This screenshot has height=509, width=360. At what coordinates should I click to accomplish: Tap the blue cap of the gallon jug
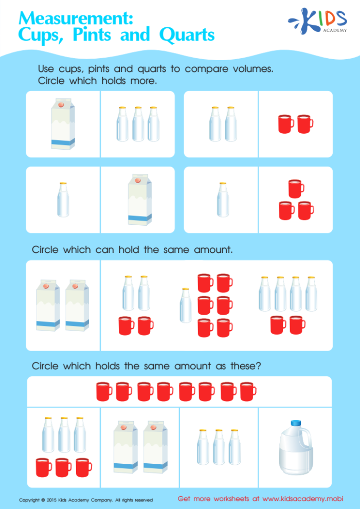[295, 424]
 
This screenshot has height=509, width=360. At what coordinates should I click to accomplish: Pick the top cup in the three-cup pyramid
[296, 188]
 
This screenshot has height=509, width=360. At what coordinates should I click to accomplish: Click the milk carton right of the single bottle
[139, 199]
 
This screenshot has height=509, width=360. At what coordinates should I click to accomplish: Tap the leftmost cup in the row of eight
[104, 392]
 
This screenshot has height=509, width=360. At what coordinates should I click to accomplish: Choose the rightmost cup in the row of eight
[248, 392]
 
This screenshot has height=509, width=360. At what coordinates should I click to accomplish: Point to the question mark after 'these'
[258, 366]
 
